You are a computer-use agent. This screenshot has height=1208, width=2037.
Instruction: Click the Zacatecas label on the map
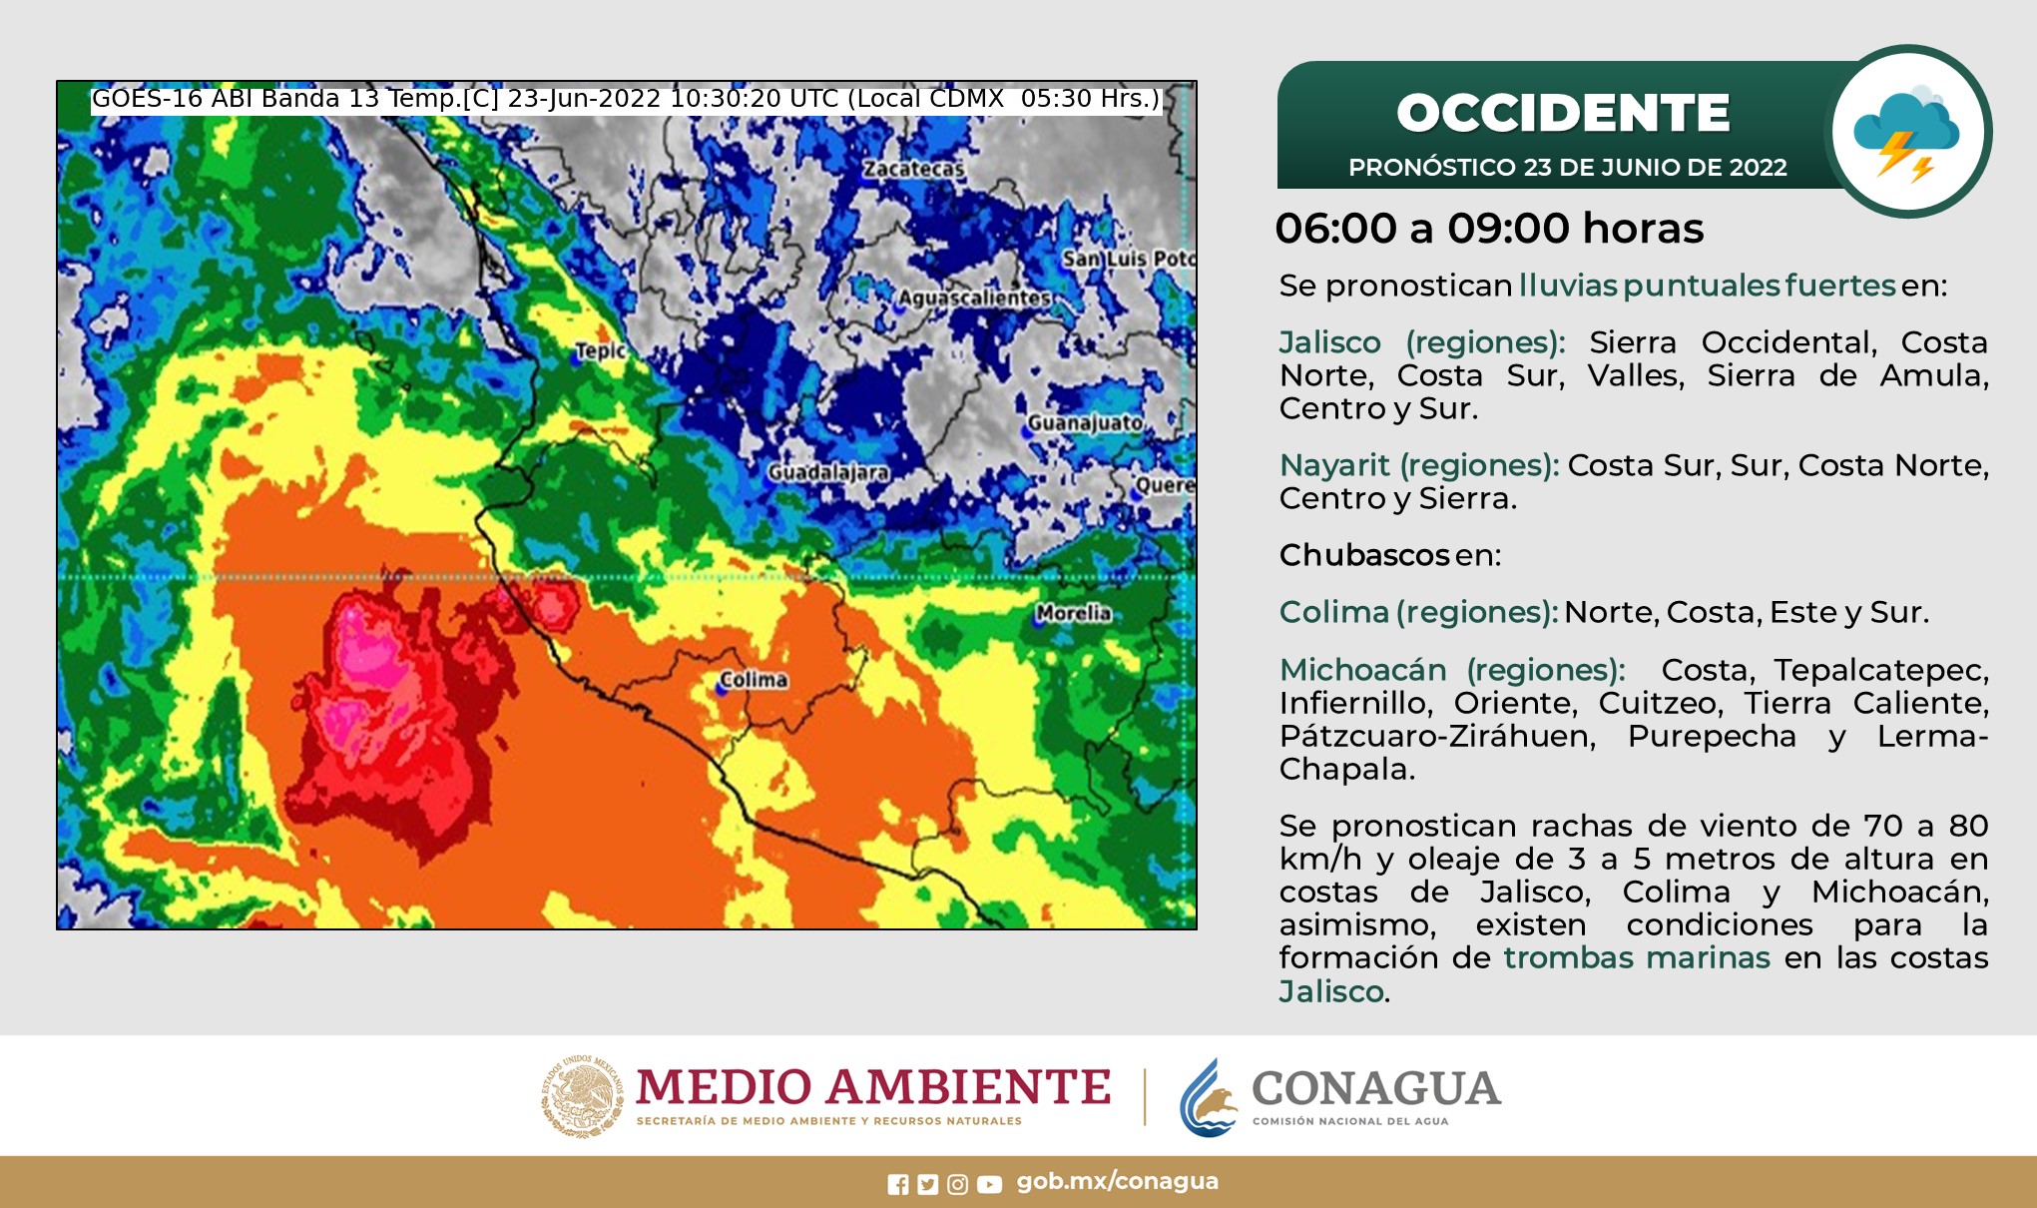[913, 169]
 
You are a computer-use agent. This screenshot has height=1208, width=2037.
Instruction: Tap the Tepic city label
[601, 350]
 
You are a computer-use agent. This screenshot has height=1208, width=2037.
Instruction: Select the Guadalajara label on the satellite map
[828, 472]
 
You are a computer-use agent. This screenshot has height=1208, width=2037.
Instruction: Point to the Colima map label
[754, 680]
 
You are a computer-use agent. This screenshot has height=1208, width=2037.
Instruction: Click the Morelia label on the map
[1073, 613]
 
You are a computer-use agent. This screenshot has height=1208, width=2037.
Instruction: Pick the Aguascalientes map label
[974, 298]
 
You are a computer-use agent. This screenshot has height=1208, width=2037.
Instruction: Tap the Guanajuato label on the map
[1085, 423]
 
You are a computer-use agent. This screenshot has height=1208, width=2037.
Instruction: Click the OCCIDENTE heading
[1562, 113]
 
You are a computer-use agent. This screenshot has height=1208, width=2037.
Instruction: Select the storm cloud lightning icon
[1907, 132]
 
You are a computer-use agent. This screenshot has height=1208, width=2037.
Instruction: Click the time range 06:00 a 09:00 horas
[1489, 229]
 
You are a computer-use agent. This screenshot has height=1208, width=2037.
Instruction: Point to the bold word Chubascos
[1363, 555]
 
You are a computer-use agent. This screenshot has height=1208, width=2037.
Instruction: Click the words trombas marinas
[1637, 958]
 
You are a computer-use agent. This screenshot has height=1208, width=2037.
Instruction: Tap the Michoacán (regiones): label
[1451, 670]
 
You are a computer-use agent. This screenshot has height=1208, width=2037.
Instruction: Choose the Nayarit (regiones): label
[1418, 465]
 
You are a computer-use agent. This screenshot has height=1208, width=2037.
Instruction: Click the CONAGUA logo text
[1375, 1088]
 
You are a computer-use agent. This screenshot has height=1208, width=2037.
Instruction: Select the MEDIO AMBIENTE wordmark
[873, 1087]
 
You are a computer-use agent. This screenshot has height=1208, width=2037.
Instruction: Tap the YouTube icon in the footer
[989, 1184]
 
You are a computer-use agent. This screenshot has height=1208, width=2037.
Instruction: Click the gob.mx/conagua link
[1117, 1182]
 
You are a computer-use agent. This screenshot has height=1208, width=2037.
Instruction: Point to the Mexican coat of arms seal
[582, 1096]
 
